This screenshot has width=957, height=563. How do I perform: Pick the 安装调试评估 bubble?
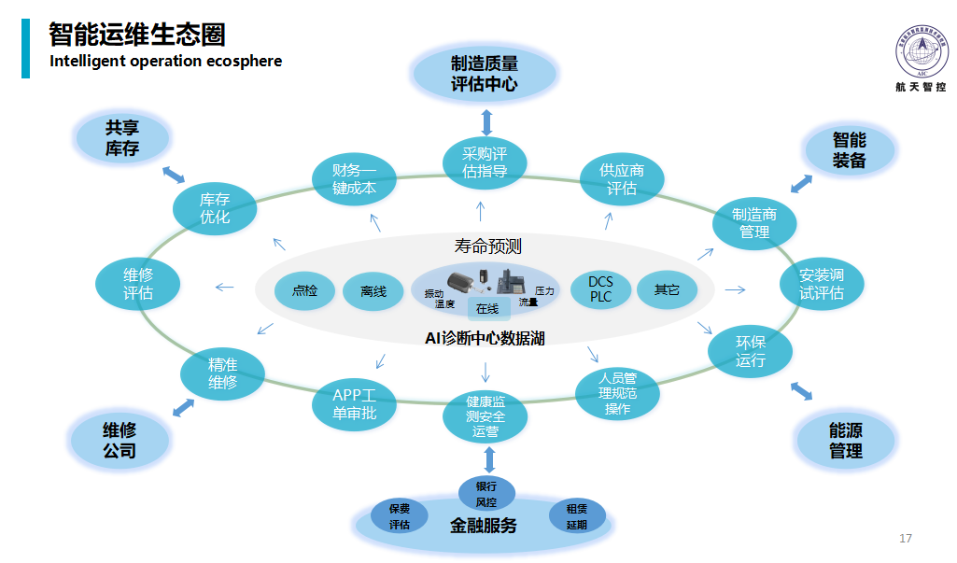pos(822,284)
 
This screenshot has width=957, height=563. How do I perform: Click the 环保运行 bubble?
pos(751,351)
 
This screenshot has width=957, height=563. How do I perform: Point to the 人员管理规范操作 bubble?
pos(618,393)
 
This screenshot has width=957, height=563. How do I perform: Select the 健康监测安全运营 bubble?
pos(486,415)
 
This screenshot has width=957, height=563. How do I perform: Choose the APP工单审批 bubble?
pos(354,403)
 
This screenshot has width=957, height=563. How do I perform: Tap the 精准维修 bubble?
pos(222,373)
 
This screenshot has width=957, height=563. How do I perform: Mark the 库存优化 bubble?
pos(215,207)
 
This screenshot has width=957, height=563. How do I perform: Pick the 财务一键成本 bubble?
pos(354,178)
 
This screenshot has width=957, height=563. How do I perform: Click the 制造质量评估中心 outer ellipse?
pos(485,74)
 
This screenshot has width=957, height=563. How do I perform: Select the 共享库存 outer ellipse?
pos(122,137)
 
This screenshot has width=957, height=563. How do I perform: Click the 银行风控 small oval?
pos(486,494)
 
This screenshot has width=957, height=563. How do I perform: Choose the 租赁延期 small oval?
pos(576,516)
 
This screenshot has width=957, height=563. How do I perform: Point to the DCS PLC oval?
pos(601,289)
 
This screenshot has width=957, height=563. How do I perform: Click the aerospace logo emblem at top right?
pos(922,51)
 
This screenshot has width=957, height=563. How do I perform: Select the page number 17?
pos(905,539)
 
